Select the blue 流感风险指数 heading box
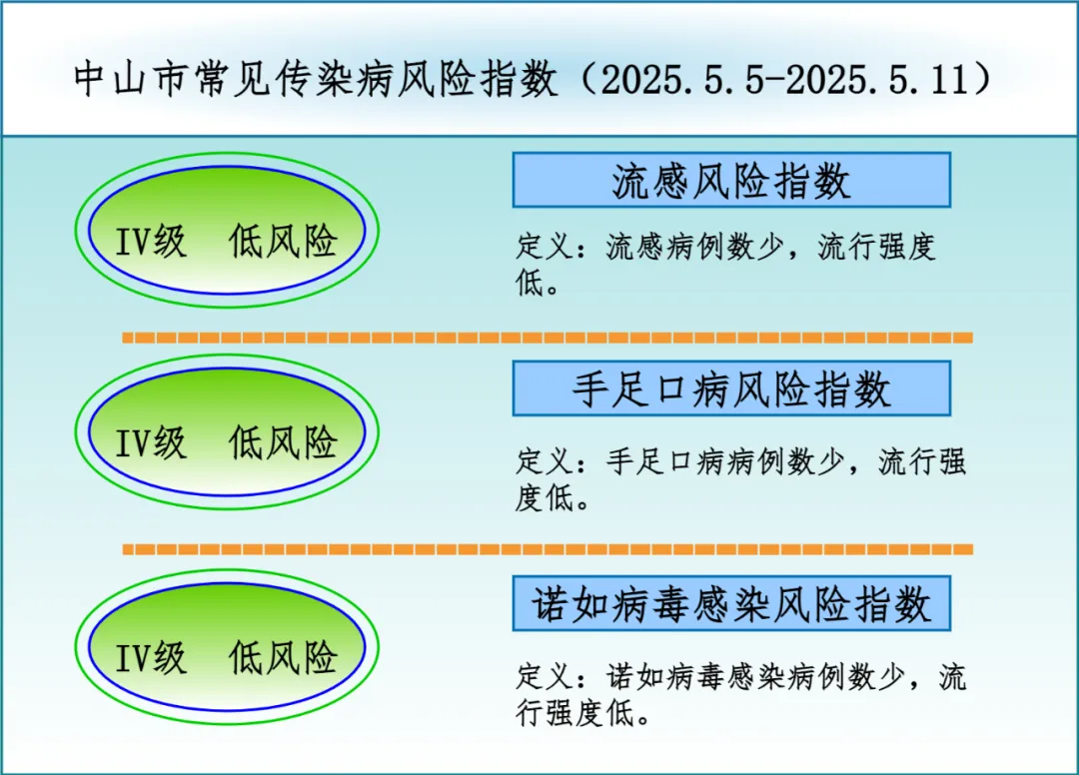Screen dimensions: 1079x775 pos(731,180)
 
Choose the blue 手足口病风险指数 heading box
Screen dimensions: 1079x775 pos(731,388)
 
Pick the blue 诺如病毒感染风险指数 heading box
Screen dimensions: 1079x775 pos(731,604)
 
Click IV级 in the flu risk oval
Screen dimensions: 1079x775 pos(151,242)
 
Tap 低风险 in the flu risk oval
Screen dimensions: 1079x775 pos(283,241)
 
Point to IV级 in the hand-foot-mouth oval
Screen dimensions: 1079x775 pos(151,442)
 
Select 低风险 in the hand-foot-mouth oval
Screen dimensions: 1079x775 pos(283,442)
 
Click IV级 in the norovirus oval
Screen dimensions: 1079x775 pos(151,658)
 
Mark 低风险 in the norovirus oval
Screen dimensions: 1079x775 pos(283,657)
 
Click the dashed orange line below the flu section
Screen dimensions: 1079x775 pos(547,338)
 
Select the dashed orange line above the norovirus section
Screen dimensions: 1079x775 pos(547,549)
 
